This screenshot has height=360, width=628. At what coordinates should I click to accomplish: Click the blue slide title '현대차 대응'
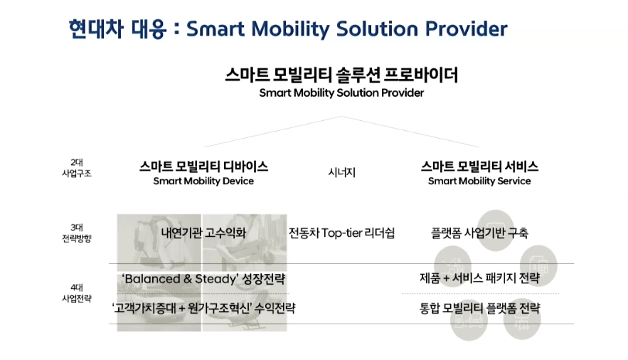117,29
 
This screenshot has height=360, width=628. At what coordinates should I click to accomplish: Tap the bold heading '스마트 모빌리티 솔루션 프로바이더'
341,75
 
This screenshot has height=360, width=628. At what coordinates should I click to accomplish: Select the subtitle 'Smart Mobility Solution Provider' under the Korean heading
341,93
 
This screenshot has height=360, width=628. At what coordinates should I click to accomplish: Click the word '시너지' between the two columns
341,172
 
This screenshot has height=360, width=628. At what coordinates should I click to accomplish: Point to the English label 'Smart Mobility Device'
203,181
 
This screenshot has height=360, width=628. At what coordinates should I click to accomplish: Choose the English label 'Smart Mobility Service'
479,181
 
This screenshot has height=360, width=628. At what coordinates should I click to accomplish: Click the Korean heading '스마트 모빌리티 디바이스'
203,166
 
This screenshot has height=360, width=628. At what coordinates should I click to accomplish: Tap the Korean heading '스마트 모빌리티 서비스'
479,166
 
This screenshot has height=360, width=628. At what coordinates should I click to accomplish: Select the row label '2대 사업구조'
77,168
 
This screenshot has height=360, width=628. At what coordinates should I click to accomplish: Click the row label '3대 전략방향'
77,233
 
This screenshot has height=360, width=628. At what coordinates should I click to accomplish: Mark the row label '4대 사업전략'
77,293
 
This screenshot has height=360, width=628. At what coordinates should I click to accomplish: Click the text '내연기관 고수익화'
203,233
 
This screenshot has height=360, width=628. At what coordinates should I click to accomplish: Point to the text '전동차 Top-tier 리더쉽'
341,233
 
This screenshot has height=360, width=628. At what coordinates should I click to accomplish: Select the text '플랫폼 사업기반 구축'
479,233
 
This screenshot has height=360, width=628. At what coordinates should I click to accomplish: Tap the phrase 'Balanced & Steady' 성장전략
203,279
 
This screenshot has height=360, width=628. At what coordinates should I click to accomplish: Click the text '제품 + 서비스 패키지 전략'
479,278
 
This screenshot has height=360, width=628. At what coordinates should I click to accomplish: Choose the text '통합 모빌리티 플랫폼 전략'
479,308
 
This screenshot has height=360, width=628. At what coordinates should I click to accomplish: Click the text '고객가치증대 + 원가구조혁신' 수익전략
203,308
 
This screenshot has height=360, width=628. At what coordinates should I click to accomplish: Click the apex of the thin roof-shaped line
341,117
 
